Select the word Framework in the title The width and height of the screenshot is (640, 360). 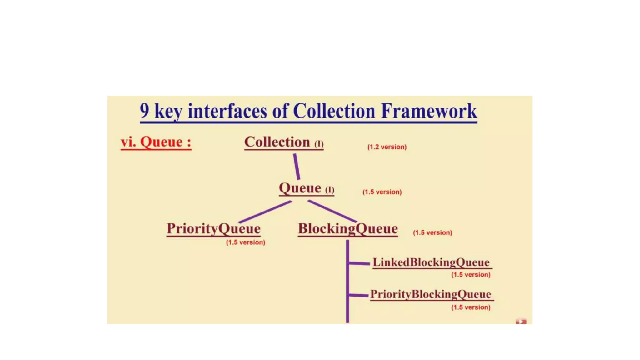(x=429, y=111)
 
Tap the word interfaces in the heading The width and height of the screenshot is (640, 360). (x=227, y=111)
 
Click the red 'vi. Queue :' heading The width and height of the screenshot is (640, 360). (x=156, y=142)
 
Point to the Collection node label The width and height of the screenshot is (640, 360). (x=277, y=142)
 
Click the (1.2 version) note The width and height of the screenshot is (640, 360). (x=387, y=147)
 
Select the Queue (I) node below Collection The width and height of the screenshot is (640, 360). (x=306, y=188)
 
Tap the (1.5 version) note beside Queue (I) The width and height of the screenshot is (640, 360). (x=382, y=192)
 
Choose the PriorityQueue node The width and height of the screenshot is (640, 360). (x=213, y=228)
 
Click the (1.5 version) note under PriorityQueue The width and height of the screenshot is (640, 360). (x=246, y=242)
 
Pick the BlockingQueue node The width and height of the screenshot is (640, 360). (x=348, y=228)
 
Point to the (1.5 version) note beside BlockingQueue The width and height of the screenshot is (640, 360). (x=432, y=233)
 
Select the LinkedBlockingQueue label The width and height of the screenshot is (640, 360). (x=431, y=262)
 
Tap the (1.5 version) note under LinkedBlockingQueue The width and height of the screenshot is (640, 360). (x=471, y=275)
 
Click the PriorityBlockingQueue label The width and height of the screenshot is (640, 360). (x=431, y=294)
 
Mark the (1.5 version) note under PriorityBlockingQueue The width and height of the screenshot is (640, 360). (x=471, y=307)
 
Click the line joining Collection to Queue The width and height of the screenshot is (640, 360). (x=297, y=167)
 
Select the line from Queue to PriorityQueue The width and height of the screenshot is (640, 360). (x=265, y=212)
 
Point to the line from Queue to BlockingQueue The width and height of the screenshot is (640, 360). (x=332, y=212)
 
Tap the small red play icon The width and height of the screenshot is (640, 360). (x=521, y=322)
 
